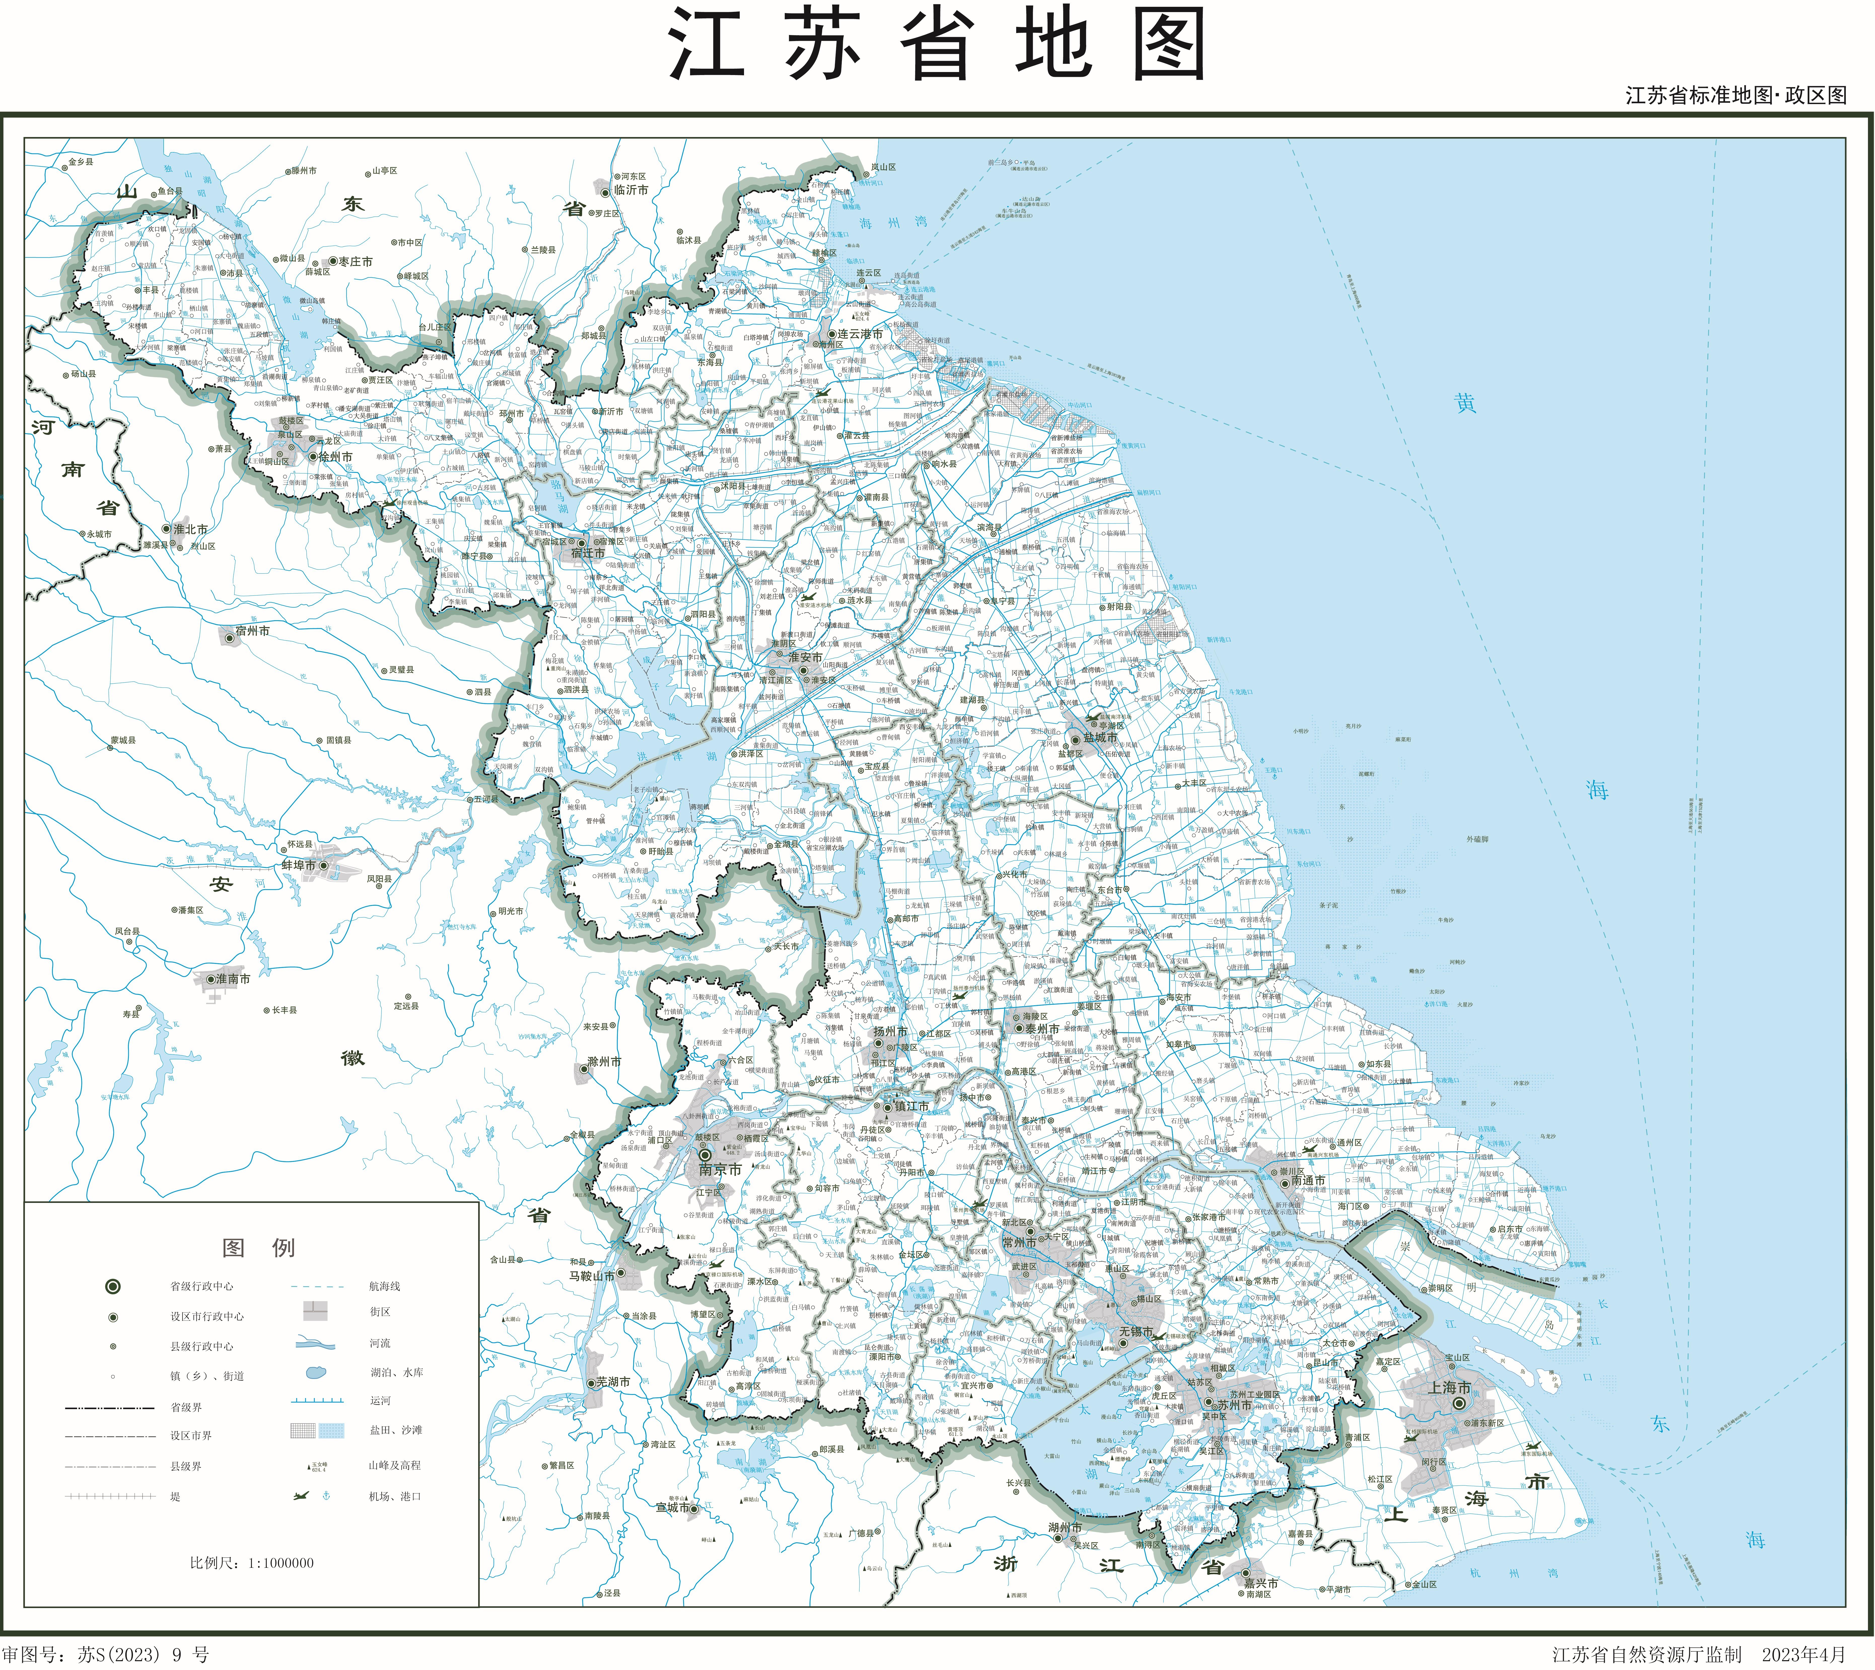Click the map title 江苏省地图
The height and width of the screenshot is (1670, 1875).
click(936, 46)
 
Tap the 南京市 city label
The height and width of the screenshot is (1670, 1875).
click(720, 1170)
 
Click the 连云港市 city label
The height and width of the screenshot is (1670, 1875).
click(860, 334)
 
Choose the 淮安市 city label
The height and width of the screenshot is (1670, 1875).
click(805, 657)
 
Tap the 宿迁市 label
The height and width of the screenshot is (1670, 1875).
click(588, 553)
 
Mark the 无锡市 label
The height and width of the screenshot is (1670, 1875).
click(1136, 1331)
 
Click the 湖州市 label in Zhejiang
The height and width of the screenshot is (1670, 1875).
click(1065, 1527)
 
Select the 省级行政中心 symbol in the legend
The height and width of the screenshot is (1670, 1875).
click(113, 1286)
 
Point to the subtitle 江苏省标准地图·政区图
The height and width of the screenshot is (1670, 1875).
click(1736, 95)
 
